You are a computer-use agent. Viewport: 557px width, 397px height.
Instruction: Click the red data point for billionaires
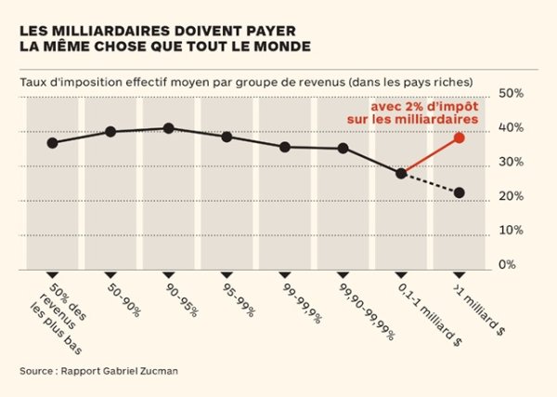[459, 139]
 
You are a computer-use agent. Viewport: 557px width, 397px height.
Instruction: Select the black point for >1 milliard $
[459, 193]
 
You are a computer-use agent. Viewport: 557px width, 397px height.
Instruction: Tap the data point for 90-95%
[168, 128]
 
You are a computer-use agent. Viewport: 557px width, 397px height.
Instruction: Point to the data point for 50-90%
[110, 132]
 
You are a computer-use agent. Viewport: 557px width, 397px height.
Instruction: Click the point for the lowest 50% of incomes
[52, 143]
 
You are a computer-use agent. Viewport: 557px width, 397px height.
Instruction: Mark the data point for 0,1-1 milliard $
[401, 173]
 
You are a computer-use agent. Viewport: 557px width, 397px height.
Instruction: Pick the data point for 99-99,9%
[285, 147]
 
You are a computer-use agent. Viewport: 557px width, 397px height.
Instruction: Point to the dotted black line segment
[430, 183]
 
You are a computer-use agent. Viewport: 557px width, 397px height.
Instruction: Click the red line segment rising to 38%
[430, 156]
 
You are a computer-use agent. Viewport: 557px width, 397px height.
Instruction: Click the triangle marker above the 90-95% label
[168, 273]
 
